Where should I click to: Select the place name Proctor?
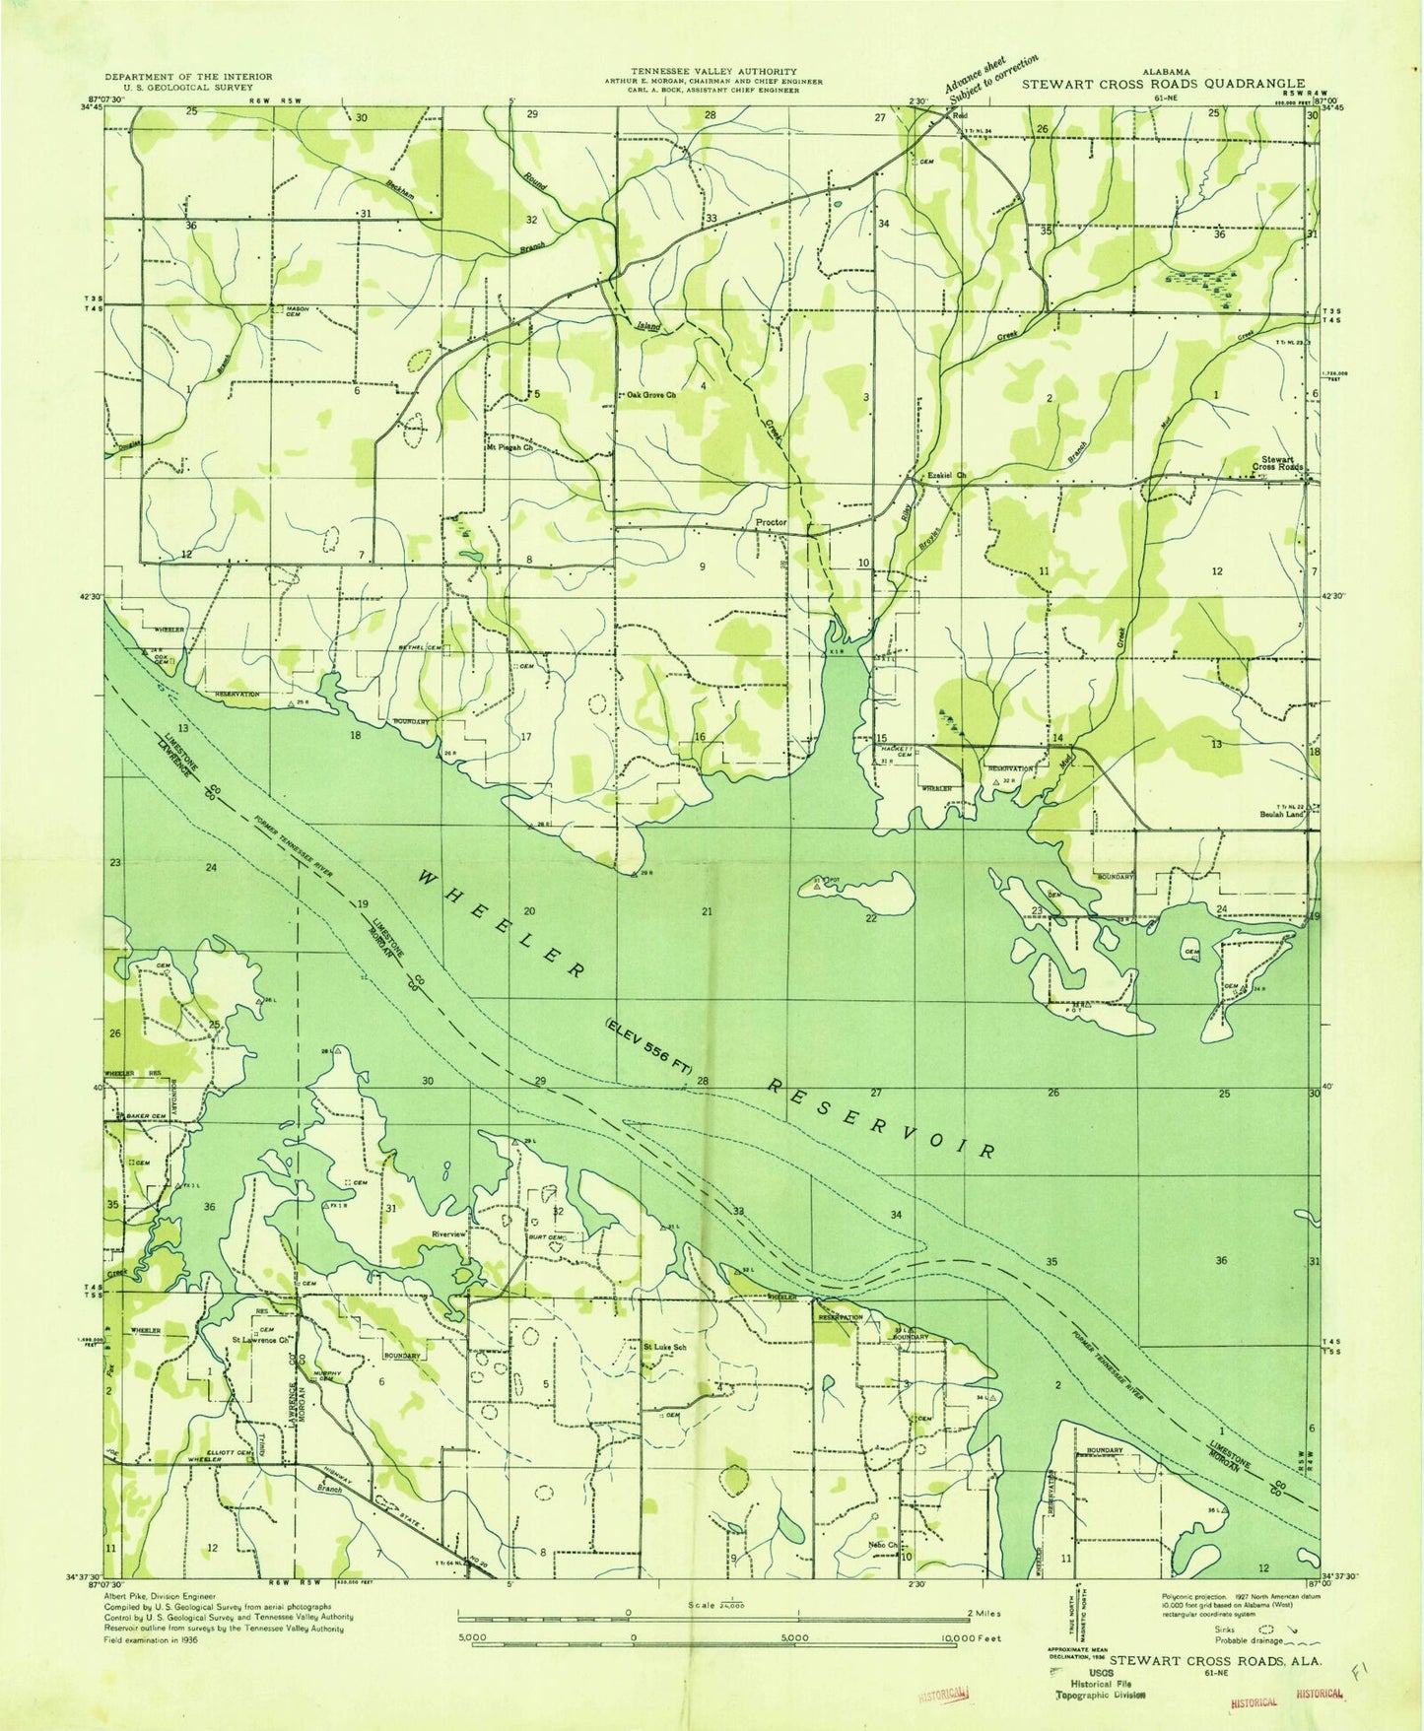771,522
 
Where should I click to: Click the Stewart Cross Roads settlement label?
1276,463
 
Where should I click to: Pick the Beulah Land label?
1282,814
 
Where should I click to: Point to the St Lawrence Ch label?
259,1341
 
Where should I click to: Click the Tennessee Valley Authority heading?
713,72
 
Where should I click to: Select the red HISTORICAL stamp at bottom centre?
944,1695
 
